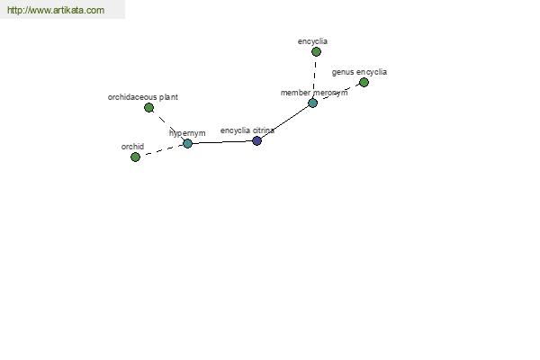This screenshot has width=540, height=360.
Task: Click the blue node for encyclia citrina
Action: coord(256,140)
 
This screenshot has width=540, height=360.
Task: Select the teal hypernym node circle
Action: coord(187,143)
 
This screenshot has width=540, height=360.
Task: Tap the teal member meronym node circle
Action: coord(312,103)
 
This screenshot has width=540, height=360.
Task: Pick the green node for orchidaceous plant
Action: coord(148,107)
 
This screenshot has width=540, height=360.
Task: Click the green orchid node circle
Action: coord(135,157)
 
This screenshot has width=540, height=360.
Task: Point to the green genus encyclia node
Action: coord(364,82)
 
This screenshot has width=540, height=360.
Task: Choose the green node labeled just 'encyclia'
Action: coord(316,51)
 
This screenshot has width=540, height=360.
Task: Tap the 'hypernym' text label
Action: coord(187,133)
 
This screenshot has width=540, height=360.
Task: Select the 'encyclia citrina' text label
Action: coord(247,130)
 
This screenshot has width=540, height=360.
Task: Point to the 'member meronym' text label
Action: coord(313,93)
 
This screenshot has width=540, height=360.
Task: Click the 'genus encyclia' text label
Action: coord(359,71)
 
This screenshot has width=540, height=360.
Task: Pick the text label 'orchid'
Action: coord(132,146)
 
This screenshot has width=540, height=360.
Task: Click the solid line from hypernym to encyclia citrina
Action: coord(221,142)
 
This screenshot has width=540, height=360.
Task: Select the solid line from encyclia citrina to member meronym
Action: coord(284,122)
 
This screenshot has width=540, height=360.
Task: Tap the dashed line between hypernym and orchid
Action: coord(161,150)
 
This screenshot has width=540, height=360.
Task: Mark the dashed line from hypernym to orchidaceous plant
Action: coord(167,125)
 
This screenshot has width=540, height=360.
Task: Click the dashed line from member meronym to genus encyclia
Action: coord(338,93)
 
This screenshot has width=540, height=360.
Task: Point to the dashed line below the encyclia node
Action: coord(314,76)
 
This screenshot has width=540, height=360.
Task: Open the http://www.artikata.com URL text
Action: coord(55,10)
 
